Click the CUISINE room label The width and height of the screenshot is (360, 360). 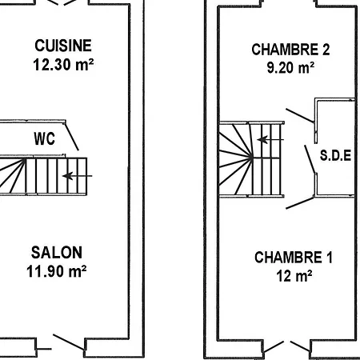(x=63, y=46)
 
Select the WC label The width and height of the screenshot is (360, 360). (x=44, y=138)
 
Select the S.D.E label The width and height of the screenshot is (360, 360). (x=336, y=155)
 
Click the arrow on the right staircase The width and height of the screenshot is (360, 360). (x=270, y=138)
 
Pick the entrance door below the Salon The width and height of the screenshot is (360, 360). (x=69, y=343)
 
